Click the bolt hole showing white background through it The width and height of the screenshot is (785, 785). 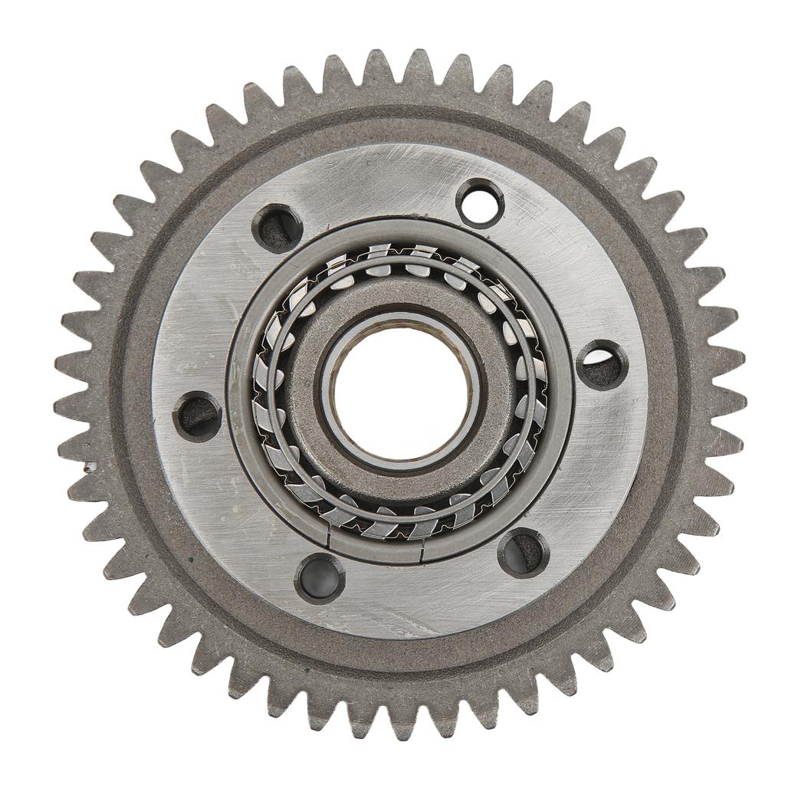click(x=480, y=203)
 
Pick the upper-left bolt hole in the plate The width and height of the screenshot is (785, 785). click(x=276, y=228)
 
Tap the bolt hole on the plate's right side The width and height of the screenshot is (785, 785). click(x=602, y=365)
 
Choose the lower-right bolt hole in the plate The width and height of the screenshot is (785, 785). click(x=523, y=551)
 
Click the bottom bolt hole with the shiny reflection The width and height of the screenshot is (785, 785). click(x=320, y=578)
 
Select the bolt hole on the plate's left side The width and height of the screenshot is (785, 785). click(x=197, y=415)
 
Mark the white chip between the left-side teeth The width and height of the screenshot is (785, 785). click(x=90, y=466)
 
